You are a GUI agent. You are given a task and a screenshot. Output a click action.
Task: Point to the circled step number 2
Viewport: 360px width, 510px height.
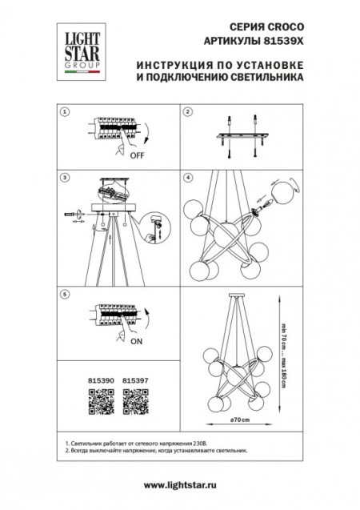[188, 113]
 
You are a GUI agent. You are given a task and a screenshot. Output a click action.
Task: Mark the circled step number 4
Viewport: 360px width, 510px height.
[188, 175]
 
